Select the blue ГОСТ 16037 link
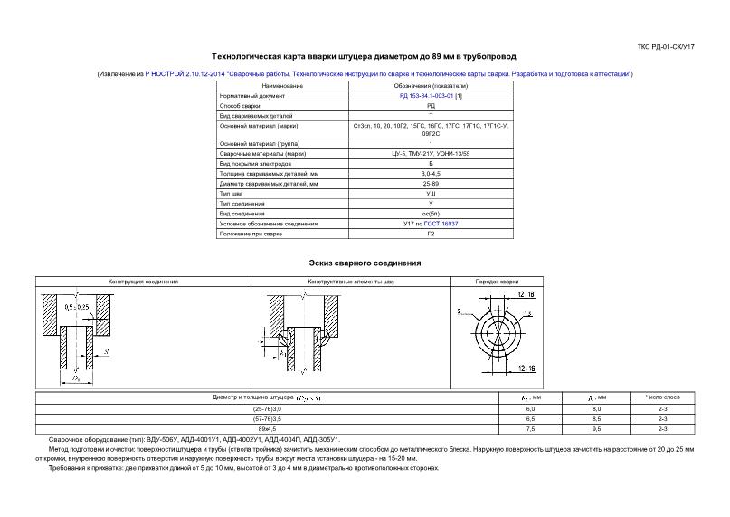445,223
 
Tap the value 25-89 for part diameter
431,184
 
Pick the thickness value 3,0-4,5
431,173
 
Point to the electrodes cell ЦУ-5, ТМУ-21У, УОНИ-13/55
431,153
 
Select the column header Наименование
282,85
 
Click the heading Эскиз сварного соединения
365,263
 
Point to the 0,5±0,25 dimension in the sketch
77,307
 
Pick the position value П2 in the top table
431,234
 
